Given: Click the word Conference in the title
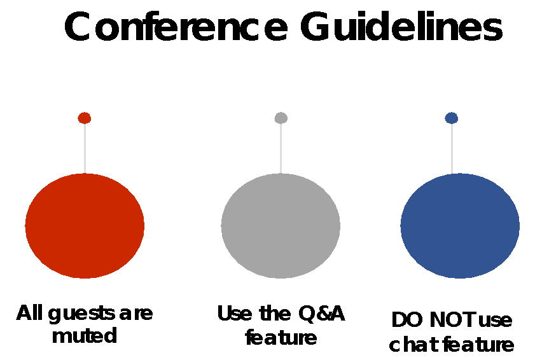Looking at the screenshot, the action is point(176,27).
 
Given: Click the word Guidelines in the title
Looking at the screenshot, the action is point(401,27).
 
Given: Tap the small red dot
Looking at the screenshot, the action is point(84,118).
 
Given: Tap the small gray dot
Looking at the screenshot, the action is point(281,118).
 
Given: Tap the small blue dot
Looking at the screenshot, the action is point(452,118).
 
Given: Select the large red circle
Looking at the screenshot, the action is point(85,226).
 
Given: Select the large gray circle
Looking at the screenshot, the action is point(281,226).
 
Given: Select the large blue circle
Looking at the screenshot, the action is point(460,226).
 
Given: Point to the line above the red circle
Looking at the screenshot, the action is point(85,149).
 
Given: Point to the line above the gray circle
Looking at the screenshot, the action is point(281,149).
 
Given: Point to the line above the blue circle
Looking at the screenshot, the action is point(452,149).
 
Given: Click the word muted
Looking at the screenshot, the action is point(85,336).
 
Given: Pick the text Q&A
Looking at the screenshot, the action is point(321,314).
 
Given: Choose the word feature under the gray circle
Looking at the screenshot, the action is point(281,338).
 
